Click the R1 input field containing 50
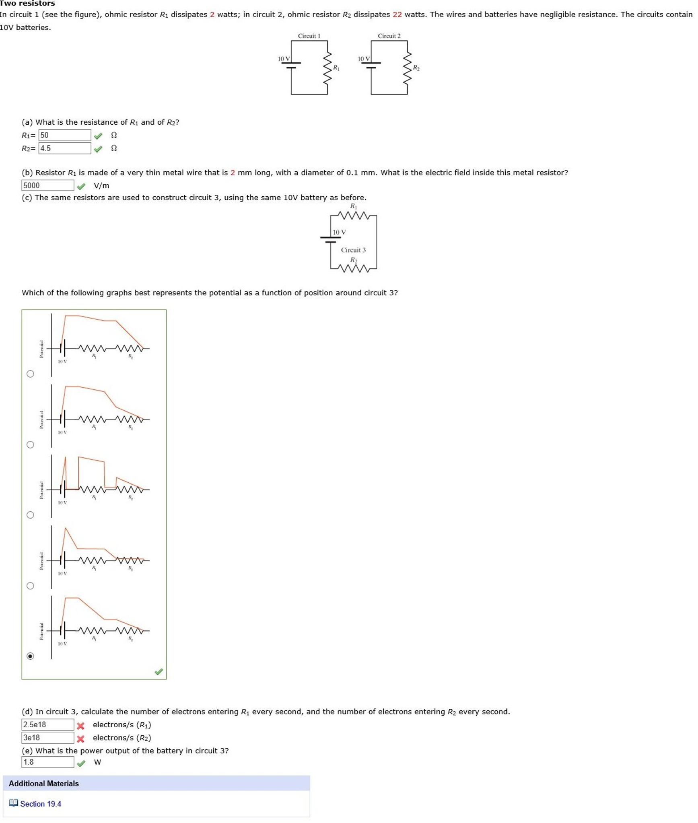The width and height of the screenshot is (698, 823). pos(64,135)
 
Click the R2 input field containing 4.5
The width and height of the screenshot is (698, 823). pos(64,148)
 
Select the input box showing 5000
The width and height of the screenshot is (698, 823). pos(47,185)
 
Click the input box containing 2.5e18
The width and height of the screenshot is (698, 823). pos(47,725)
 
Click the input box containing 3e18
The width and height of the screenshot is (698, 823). pos(47,738)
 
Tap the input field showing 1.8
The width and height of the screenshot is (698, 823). pos(47,762)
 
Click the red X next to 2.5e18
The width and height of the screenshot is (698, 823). pos(81,726)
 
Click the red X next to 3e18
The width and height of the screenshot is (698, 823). pos(81,739)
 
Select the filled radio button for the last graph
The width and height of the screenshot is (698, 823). pos(30,656)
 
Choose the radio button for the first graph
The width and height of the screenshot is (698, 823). pos(30,374)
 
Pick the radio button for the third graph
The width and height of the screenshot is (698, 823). pos(30,515)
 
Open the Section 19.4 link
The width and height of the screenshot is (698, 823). pos(40,804)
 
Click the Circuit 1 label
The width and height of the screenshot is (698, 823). pos(309,36)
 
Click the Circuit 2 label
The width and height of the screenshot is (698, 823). pos(389,36)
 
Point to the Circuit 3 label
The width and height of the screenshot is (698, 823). pos(353,250)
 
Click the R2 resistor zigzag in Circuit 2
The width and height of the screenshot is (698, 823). pos(407,67)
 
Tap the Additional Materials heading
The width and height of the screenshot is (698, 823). pos(44,784)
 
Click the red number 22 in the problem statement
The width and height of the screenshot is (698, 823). pos(397,14)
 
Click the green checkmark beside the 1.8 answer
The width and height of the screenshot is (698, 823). pos(81,763)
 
